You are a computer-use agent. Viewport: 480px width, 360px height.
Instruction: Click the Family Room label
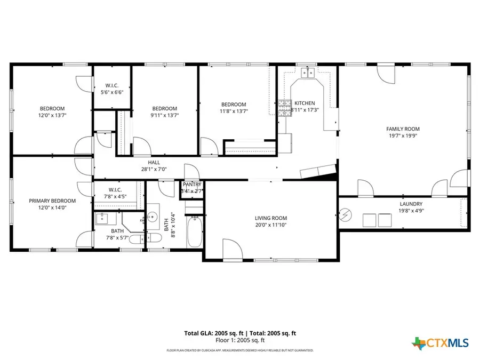tap(403, 129)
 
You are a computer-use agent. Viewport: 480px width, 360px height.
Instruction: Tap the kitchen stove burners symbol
tap(284, 108)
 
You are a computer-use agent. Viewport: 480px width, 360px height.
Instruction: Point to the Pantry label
tap(191, 185)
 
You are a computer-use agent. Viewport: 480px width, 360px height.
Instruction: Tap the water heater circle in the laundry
tap(345, 215)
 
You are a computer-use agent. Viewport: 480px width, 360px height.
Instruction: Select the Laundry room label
tap(411, 204)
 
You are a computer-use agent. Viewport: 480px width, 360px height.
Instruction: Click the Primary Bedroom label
tap(52, 201)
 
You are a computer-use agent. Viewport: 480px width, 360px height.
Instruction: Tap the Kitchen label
tap(305, 103)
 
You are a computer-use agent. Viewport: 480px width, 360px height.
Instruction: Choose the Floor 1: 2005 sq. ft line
tap(239, 340)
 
